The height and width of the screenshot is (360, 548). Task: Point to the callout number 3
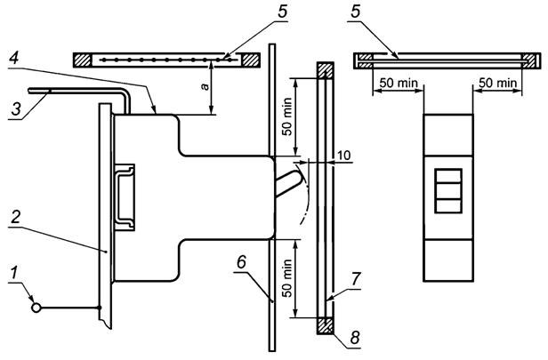[12, 108]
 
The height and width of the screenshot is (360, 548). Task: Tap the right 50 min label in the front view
[502, 82]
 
